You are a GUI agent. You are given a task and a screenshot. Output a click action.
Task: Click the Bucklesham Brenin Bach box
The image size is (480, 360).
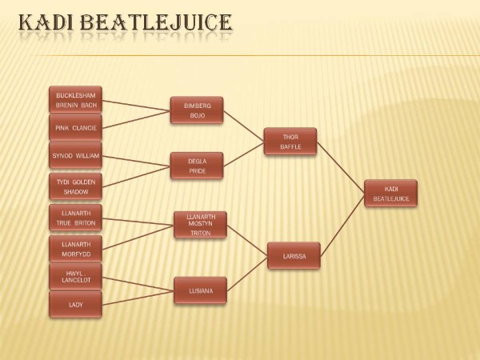coord(76,99)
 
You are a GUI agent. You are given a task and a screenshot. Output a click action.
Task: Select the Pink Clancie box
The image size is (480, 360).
coord(76,127)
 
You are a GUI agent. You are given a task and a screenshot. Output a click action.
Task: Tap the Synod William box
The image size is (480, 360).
coord(76,155)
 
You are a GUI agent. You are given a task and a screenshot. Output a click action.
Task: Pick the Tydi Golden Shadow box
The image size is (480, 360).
coord(76,186)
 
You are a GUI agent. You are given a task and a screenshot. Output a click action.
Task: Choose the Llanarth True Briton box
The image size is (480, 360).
coord(76,218)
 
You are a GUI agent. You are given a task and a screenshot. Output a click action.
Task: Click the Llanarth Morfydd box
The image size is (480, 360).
coord(76,249)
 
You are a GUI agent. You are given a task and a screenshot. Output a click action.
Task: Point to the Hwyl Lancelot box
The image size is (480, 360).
coord(76,277)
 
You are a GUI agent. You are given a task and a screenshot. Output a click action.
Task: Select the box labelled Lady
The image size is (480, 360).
coord(76,305)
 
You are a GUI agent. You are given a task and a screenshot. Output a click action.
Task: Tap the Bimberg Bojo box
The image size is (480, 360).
coord(197,110)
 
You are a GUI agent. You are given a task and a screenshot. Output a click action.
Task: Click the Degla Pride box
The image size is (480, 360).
coord(197,166)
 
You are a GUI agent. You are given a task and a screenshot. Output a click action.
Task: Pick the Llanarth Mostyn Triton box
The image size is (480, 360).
coord(201,225)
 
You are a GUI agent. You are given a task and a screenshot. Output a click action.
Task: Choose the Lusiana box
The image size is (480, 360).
coord(201,290)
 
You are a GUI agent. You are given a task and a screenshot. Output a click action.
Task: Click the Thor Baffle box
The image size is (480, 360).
coord(290,142)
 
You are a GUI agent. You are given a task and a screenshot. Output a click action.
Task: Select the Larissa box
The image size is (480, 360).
coord(294,256)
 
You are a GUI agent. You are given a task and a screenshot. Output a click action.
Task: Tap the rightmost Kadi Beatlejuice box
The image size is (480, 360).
coord(391,194)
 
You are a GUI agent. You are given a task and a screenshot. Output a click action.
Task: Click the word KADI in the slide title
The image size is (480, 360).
coord(46,22)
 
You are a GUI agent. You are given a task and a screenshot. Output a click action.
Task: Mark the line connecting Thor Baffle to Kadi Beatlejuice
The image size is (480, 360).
coord(341,167)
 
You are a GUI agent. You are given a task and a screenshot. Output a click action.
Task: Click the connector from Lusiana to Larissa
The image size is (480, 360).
coord(247,274)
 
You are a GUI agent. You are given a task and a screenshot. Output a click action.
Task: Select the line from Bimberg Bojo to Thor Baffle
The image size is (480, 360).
coord(244,126)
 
